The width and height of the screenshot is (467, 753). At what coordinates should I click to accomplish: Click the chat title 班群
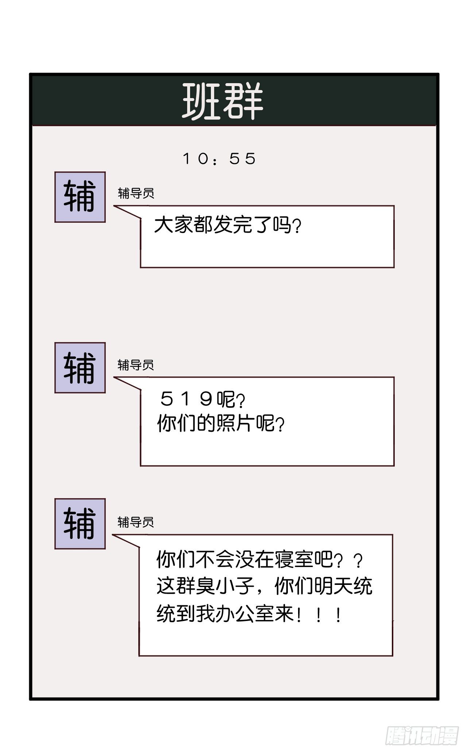[223, 101]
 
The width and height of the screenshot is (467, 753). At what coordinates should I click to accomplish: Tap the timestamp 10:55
[219, 159]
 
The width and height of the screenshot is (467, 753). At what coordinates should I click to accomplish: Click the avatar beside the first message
[80, 197]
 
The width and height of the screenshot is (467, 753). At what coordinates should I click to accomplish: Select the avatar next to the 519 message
[80, 368]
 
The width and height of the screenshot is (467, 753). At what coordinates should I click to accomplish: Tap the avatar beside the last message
[80, 524]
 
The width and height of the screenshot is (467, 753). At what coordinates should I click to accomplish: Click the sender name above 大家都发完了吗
[136, 193]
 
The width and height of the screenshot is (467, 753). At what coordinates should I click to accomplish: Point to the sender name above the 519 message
[136, 365]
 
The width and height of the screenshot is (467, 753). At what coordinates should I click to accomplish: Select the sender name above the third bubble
[136, 522]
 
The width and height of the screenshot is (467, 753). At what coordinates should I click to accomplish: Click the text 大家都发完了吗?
[228, 225]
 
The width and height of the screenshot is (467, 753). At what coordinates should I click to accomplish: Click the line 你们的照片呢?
[221, 423]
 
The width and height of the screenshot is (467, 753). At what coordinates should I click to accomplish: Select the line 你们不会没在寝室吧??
[260, 560]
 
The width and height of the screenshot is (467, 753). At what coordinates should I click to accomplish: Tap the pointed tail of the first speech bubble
[114, 206]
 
